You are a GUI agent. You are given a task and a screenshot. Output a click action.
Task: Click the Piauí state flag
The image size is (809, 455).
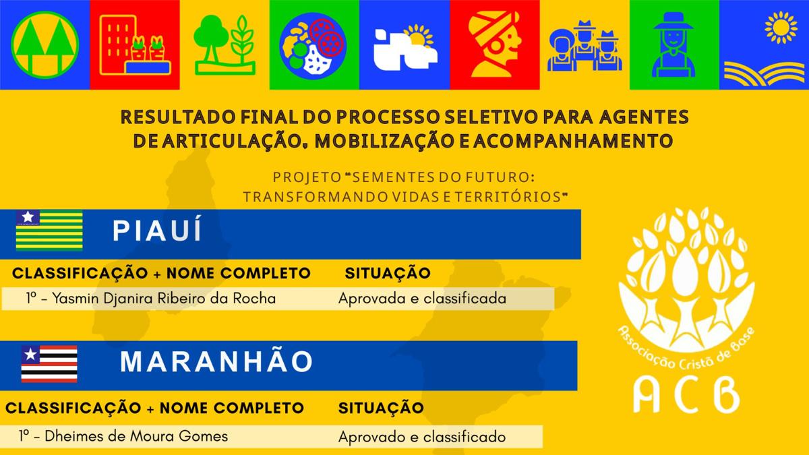[49, 231]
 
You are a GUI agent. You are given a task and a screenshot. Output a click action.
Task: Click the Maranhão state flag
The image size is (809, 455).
[49, 364]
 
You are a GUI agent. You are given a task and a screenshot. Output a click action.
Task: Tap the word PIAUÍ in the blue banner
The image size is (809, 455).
[157, 230]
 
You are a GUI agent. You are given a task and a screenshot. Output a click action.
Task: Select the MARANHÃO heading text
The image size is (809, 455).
[216, 361]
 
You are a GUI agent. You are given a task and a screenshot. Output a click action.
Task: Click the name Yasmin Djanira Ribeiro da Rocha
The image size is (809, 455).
[164, 299]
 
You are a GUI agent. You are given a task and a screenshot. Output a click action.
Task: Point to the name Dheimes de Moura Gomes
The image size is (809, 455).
[136, 436]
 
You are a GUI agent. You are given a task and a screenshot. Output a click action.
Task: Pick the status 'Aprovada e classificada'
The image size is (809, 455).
[422, 299]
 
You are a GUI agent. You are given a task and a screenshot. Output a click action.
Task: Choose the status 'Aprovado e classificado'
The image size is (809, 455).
[422, 437]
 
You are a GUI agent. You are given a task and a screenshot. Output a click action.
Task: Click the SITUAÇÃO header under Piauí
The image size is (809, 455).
[388, 273]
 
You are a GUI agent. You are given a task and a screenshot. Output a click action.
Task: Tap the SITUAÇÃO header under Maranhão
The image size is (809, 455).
[381, 408]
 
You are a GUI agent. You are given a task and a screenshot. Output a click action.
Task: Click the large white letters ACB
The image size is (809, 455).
[686, 395]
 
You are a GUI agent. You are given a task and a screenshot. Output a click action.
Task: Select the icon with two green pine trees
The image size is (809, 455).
[44, 44]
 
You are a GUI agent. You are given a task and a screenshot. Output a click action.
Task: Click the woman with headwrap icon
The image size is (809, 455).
[495, 44]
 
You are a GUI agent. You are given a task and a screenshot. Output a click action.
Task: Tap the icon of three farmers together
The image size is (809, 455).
[585, 46]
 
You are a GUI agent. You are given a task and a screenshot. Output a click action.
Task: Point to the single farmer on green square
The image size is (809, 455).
[673, 44]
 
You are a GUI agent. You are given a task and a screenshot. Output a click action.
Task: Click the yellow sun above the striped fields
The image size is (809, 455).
[781, 28]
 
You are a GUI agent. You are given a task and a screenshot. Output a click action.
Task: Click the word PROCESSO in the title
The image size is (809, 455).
[388, 117]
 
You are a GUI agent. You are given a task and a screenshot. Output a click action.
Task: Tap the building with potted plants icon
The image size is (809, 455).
[135, 45]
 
